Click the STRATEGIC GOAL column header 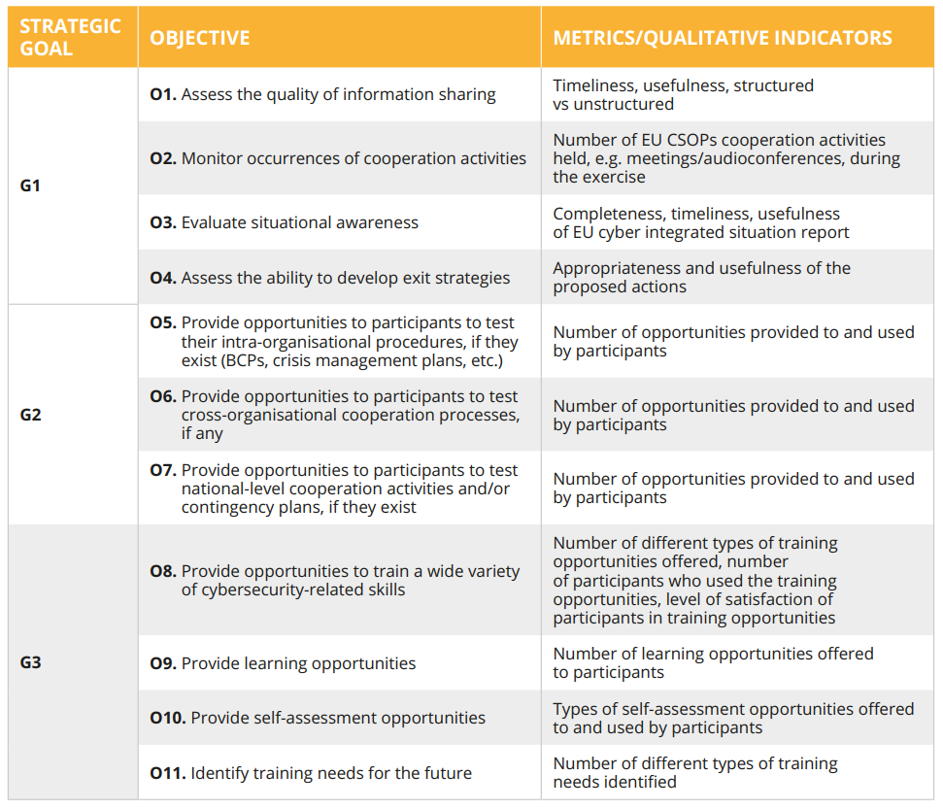coord(70,37)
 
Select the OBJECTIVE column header coord(200,38)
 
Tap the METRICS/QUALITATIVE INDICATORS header coord(723,38)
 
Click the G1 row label coord(30,185)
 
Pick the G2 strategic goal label coord(31,415)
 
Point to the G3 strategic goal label coord(31,662)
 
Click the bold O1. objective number coord(163,94)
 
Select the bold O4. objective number coord(163,278)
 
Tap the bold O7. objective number coord(163,470)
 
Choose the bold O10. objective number coord(168,718)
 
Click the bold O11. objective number coord(168,773)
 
